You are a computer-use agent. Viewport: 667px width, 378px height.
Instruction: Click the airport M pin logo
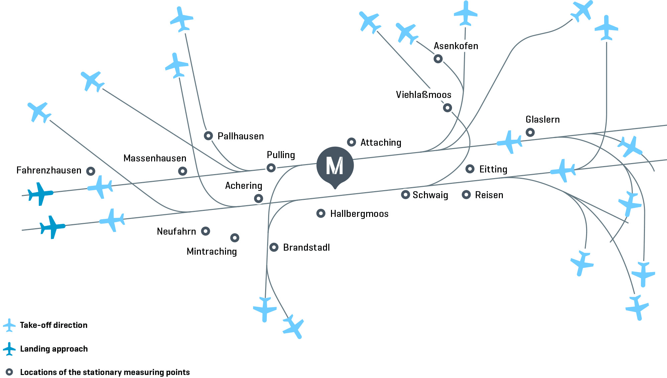(335, 166)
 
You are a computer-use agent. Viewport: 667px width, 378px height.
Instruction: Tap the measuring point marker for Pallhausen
(208, 136)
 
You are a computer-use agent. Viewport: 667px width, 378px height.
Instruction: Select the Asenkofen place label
(456, 46)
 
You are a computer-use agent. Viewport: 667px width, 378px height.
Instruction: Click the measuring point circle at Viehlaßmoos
(447, 108)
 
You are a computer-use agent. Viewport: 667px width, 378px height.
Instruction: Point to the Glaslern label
(542, 119)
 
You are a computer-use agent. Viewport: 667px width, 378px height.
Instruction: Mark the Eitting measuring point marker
(470, 169)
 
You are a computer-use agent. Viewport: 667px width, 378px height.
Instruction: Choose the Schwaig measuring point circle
(405, 195)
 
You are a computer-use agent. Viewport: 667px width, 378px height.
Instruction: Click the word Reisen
(489, 195)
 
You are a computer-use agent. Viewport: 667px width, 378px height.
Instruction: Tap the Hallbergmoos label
(359, 214)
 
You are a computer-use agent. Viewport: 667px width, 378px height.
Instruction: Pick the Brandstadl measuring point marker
(274, 247)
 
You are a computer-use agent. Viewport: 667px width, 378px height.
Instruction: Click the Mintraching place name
(212, 251)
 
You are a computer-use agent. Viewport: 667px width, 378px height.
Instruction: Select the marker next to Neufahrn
(205, 231)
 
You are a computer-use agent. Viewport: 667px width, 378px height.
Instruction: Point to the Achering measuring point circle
(258, 199)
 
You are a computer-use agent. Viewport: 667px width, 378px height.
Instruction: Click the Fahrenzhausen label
(49, 170)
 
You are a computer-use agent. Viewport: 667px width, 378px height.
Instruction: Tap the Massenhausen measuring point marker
(182, 171)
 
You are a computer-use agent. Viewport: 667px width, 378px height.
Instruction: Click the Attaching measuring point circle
(351, 142)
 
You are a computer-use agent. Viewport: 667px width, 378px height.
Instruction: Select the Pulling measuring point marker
(271, 167)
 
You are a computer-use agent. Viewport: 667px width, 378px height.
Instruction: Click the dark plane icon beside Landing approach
(9, 349)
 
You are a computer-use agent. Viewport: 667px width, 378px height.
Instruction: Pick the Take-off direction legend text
(53, 325)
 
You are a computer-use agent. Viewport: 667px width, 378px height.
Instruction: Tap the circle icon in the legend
(9, 372)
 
